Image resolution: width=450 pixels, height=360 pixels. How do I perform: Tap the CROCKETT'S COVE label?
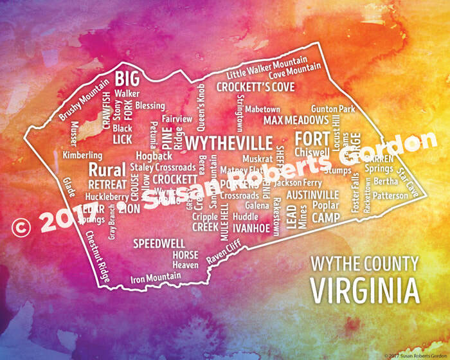click(x=255, y=87)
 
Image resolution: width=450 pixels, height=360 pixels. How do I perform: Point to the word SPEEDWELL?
click(x=159, y=244)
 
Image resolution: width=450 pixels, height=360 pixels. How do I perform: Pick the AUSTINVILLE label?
click(x=312, y=194)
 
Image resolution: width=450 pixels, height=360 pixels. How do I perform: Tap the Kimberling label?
click(x=82, y=156)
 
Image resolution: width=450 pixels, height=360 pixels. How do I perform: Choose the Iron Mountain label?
click(x=156, y=278)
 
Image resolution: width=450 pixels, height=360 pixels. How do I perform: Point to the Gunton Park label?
click(x=333, y=109)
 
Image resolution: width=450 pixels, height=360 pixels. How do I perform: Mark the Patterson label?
click(x=390, y=195)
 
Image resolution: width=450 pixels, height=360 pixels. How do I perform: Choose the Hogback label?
click(x=154, y=156)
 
